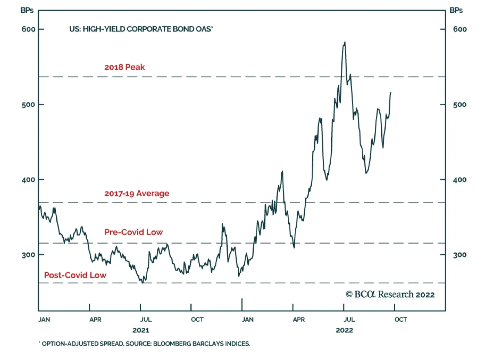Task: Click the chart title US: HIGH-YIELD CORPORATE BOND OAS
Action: tap(141, 29)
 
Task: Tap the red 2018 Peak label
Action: tap(125, 67)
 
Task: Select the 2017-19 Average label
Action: tap(137, 193)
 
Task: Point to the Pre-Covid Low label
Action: tap(134, 232)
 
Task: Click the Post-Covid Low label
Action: tap(75, 275)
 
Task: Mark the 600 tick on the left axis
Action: tap(28, 29)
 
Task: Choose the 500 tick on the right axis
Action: tap(460, 105)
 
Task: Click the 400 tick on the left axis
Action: tap(28, 180)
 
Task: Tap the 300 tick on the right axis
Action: tap(460, 255)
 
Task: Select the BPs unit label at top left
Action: tap(27, 10)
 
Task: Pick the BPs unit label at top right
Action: tap(456, 10)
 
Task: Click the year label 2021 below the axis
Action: tap(141, 330)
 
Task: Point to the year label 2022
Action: tap(344, 330)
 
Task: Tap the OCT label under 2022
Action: tap(401, 319)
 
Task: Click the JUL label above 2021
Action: tap(146, 319)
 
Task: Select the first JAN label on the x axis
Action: tap(44, 319)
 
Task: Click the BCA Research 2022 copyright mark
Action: tap(390, 294)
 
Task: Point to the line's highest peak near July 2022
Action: tap(345, 42)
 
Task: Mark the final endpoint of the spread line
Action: tap(391, 92)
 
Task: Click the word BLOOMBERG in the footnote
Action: tap(172, 344)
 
